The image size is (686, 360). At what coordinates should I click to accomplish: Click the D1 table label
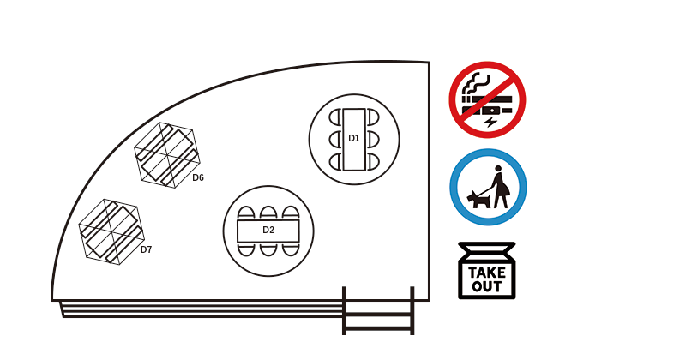click(353, 138)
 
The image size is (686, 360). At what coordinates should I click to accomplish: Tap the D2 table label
click(268, 230)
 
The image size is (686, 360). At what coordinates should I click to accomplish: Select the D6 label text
click(198, 177)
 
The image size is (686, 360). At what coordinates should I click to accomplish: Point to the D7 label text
click(146, 249)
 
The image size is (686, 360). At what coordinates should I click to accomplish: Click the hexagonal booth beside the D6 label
click(166, 155)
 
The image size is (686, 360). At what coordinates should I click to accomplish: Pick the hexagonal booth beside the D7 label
click(111, 231)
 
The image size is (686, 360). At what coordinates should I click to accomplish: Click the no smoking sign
click(487, 99)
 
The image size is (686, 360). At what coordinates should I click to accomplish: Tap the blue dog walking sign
click(488, 187)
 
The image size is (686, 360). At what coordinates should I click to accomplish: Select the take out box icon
click(487, 271)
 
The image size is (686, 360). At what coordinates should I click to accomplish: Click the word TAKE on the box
click(487, 273)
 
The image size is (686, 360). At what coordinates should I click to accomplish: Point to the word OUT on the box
click(486, 287)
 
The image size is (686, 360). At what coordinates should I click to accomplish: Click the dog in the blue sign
click(478, 200)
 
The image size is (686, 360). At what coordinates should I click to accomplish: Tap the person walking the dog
click(500, 187)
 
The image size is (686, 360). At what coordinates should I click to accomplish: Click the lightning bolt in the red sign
click(490, 121)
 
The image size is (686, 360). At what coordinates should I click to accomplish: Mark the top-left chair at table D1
click(334, 117)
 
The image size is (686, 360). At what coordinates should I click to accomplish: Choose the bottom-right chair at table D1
click(373, 162)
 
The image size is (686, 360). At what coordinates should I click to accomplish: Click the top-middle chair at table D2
click(268, 213)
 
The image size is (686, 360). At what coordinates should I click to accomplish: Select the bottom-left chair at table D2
click(246, 249)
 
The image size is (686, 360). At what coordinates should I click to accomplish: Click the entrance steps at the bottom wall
click(378, 311)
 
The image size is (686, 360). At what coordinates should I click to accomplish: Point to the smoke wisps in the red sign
click(477, 84)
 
